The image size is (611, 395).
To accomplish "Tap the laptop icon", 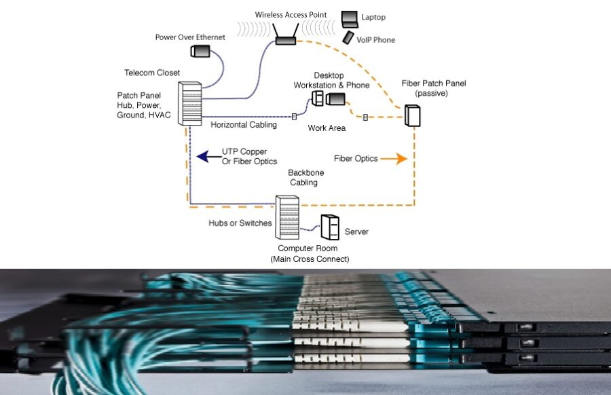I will (x=350, y=18).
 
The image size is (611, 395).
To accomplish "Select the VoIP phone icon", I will (x=348, y=37).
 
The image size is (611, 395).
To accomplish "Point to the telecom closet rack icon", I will (x=191, y=103).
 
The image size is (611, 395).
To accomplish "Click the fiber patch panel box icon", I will (x=413, y=115).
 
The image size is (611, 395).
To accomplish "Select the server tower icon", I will (x=330, y=227).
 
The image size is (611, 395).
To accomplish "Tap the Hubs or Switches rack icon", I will (x=287, y=217).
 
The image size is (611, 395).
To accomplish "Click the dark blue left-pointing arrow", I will (x=204, y=157).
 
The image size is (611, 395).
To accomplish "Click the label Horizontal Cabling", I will (x=243, y=125).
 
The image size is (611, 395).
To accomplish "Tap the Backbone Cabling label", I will (x=303, y=178).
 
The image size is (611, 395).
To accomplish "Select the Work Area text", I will (x=327, y=128).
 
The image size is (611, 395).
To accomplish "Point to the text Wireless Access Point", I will (x=291, y=14).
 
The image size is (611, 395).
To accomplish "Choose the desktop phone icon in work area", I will (x=317, y=98).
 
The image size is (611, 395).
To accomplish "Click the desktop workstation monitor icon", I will (x=336, y=99).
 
